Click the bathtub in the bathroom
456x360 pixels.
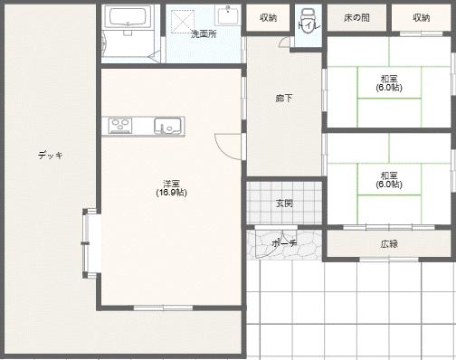(x=130, y=17)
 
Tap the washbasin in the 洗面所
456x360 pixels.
(x=228, y=15)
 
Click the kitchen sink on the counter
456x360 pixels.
(x=168, y=126)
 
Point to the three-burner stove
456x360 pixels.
(x=120, y=125)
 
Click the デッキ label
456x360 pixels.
(x=51, y=155)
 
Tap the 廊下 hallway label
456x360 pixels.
(x=284, y=98)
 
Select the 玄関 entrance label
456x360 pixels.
(x=284, y=204)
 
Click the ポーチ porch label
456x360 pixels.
(x=284, y=242)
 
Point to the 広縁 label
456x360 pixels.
(x=389, y=243)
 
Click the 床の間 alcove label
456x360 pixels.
(x=356, y=17)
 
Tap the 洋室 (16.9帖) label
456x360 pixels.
(x=171, y=188)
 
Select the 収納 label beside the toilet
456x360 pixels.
(x=268, y=18)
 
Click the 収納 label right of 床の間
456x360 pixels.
(x=421, y=18)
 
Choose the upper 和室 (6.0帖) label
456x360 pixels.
(x=389, y=83)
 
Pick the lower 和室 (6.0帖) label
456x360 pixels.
(x=389, y=180)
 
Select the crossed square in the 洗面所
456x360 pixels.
(x=183, y=22)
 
